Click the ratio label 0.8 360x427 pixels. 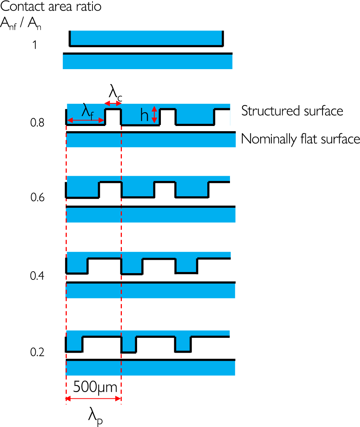click(x=38, y=122)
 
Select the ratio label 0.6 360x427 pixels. click(x=38, y=197)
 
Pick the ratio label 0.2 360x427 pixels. click(x=38, y=352)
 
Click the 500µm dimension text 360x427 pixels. click(x=95, y=388)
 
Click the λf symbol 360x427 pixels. click(x=87, y=111)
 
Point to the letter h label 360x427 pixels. click(x=145, y=116)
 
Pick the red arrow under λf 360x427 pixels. click(x=85, y=120)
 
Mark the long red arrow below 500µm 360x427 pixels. click(x=94, y=399)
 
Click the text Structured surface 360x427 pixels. click(x=292, y=111)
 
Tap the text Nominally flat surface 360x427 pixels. click(x=301, y=139)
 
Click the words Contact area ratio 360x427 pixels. click(x=51, y=7)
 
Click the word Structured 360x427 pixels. click(x=267, y=111)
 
